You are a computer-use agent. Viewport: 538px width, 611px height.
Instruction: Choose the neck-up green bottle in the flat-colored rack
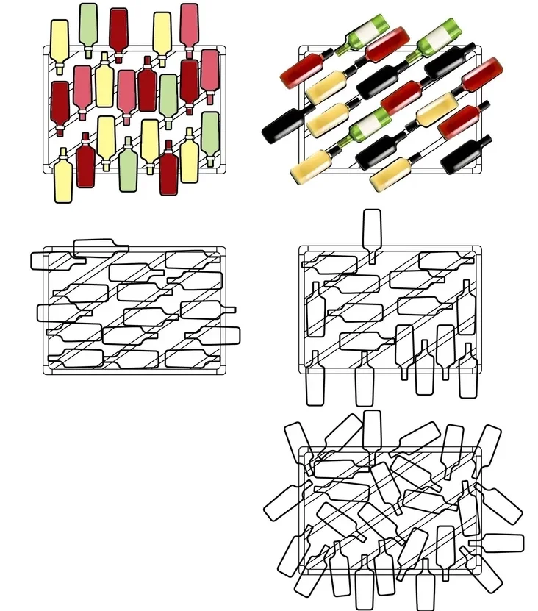pos(128,166)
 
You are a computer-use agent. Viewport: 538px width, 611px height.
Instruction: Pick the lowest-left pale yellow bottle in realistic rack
pos(312,167)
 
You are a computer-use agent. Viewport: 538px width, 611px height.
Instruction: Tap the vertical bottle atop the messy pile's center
pos(372,430)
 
